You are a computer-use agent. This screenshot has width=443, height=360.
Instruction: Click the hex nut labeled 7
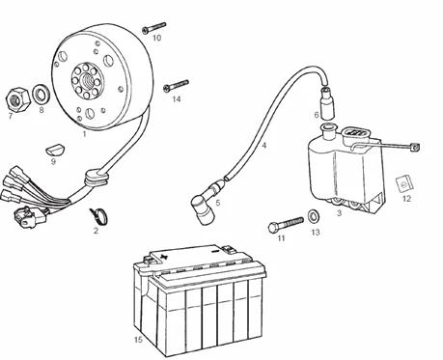[x=18, y=99]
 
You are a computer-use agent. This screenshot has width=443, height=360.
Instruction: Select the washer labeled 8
[x=42, y=95]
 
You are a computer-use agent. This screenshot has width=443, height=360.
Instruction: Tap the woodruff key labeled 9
[x=55, y=150]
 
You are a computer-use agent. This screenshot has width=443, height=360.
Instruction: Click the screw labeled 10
[x=154, y=28]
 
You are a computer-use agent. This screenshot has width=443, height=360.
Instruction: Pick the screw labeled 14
[x=176, y=85]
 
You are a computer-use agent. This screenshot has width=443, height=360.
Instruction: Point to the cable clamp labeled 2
[x=99, y=215]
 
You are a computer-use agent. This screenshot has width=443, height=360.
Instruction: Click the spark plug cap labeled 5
[x=206, y=203]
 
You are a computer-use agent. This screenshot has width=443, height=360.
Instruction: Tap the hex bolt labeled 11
[x=286, y=224]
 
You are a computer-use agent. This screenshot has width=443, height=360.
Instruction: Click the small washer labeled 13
[x=314, y=215]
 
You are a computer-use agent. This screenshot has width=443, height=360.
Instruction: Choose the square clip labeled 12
[x=403, y=183]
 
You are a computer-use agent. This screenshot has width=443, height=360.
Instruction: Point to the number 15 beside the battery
[x=138, y=340]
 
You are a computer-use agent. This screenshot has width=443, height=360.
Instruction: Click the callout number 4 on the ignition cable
[x=264, y=146]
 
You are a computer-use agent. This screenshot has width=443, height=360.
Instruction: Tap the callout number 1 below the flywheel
[x=85, y=134]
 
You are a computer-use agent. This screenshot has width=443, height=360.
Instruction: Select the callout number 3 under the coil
[x=339, y=213]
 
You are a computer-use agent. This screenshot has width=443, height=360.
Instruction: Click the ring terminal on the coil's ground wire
[x=415, y=148]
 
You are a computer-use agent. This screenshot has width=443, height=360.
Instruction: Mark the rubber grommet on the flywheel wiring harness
[x=96, y=178]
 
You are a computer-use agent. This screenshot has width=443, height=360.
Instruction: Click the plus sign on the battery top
[x=164, y=257]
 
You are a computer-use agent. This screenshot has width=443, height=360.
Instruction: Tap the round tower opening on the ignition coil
[x=329, y=128]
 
